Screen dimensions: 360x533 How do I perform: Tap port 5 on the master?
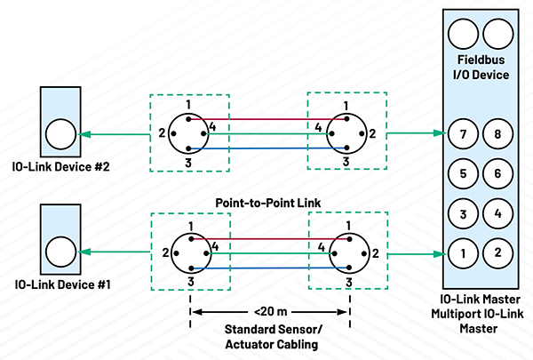click(x=462, y=174)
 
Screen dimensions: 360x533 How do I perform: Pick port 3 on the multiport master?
click(x=462, y=214)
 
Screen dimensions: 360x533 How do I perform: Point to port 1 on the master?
click(x=462, y=253)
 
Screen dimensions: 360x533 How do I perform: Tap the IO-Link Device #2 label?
click(x=56, y=166)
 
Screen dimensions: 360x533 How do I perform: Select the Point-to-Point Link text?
click(x=267, y=203)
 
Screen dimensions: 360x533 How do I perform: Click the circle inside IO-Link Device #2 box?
click(x=61, y=135)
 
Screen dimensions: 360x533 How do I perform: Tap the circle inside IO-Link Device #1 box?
click(x=61, y=252)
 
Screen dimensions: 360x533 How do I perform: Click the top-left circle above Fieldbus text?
click(x=462, y=36)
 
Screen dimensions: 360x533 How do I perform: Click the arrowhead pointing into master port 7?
click(x=438, y=134)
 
